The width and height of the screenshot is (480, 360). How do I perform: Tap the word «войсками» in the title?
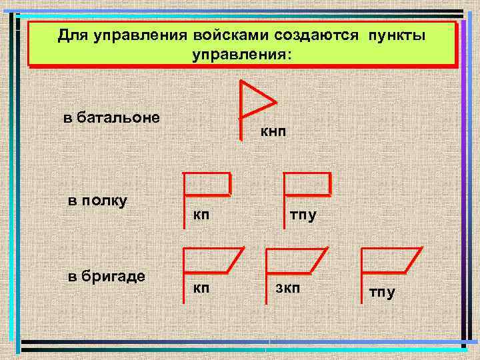click(223, 35)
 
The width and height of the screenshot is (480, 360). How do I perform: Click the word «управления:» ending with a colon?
click(241, 54)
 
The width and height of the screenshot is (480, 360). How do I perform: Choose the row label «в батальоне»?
click(111, 118)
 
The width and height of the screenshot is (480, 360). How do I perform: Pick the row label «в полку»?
click(99, 201)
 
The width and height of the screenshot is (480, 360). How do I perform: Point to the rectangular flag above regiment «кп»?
click(207, 184)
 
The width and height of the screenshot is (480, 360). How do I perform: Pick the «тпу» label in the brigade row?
click(382, 292)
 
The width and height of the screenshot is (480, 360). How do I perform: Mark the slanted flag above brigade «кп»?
click(212, 260)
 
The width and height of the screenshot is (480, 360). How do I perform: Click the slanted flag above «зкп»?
click(295, 261)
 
